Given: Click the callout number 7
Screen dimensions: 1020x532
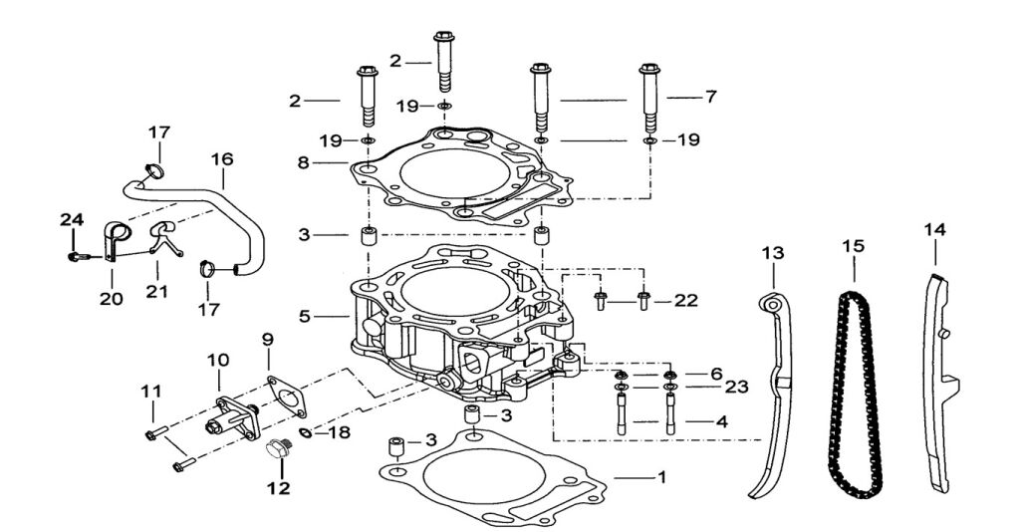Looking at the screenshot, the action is pyautogui.click(x=710, y=97).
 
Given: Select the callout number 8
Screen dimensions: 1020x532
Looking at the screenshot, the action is pyautogui.click(x=303, y=162).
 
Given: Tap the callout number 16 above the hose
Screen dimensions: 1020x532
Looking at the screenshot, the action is pyautogui.click(x=222, y=159).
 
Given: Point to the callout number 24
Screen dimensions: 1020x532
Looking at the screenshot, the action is pyautogui.click(x=72, y=220).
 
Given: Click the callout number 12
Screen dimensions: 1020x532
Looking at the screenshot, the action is pyautogui.click(x=279, y=488).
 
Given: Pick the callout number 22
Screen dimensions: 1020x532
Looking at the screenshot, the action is pyautogui.click(x=685, y=301).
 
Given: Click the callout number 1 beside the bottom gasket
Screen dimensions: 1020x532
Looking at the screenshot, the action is pyautogui.click(x=661, y=477).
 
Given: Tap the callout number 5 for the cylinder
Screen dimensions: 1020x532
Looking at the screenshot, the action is pyautogui.click(x=305, y=317).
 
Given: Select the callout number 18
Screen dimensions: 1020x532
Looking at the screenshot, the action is pyautogui.click(x=339, y=431).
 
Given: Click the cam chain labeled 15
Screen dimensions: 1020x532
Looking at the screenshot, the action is pyautogui.click(x=855, y=395).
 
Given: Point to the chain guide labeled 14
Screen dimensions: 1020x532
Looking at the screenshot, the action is pyautogui.click(x=940, y=384).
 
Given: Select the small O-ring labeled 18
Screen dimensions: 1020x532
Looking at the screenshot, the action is pyautogui.click(x=305, y=431).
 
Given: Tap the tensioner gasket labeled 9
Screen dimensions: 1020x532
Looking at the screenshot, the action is pyautogui.click(x=286, y=395).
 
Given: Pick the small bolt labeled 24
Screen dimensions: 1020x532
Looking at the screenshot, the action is pyautogui.click(x=77, y=256).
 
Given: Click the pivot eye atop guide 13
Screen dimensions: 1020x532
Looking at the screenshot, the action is pyautogui.click(x=772, y=304).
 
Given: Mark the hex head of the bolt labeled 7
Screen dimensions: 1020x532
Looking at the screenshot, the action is pyautogui.click(x=649, y=69).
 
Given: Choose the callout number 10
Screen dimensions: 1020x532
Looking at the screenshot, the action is pyautogui.click(x=218, y=360).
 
